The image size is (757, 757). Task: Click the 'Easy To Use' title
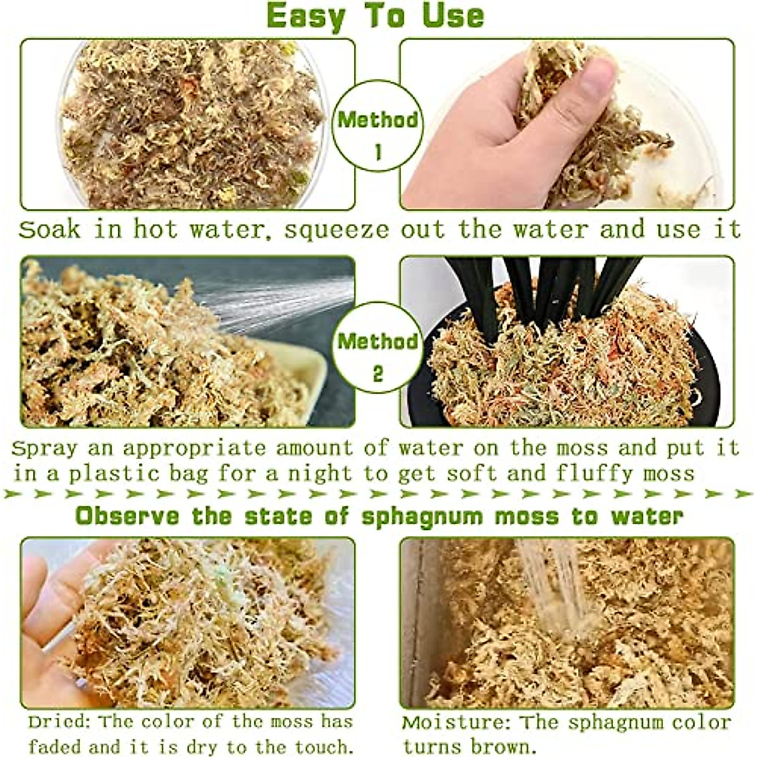[x=376, y=16]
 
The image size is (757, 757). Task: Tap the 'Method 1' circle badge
[x=377, y=126]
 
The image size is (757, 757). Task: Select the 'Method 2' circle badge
[x=377, y=349]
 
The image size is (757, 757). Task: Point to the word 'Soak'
[x=50, y=230]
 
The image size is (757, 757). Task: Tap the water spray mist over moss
[x=284, y=303]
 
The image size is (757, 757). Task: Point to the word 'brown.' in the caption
[x=502, y=746]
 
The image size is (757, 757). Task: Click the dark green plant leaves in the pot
[x=536, y=290]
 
